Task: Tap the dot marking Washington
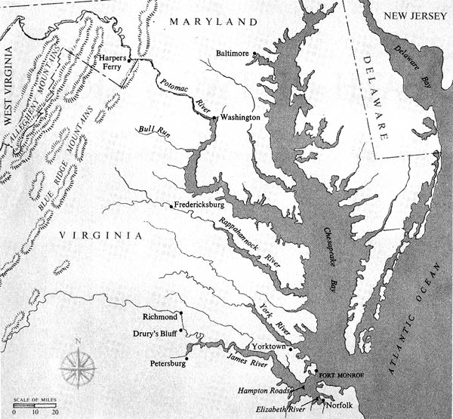pos(214,118)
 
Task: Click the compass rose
pos(78,367)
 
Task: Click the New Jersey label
pos(414,16)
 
